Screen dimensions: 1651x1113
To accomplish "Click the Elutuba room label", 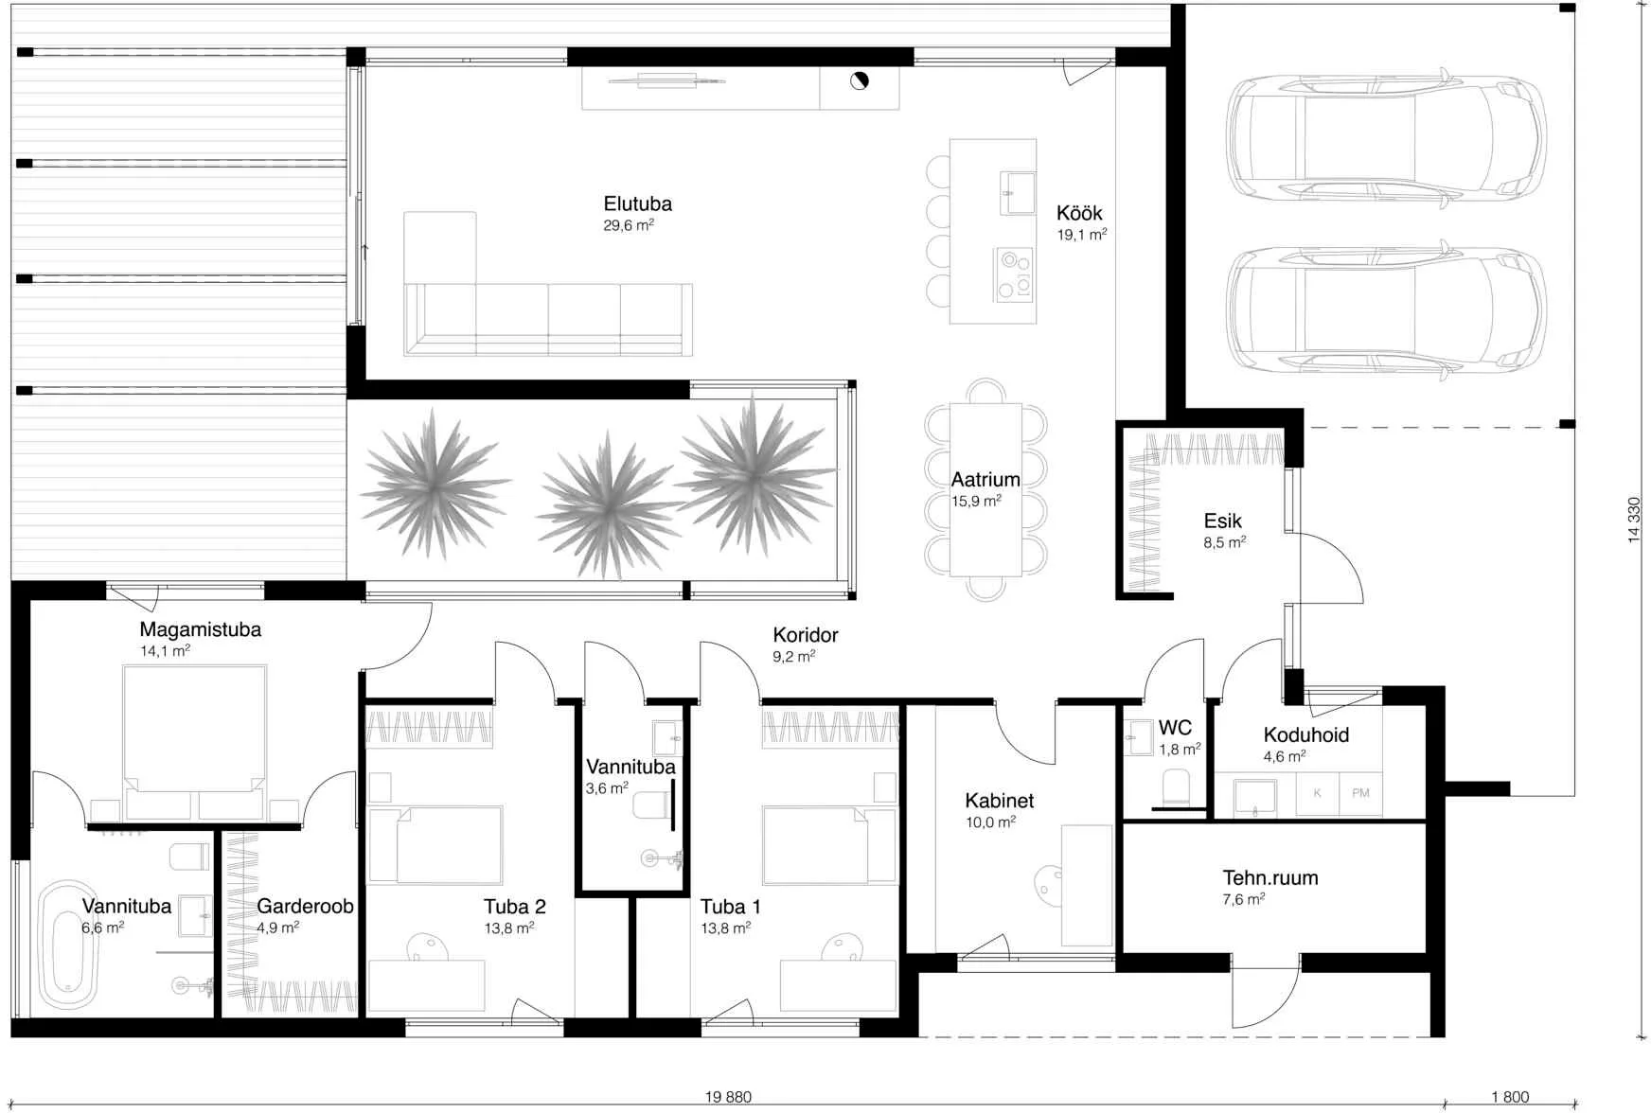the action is coord(637,203).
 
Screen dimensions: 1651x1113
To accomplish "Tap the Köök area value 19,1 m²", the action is coord(1082,234).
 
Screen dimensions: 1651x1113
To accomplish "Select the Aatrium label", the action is coord(985,480).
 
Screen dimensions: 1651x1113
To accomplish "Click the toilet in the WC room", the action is coord(1175,787).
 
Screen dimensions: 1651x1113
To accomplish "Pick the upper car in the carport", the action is coord(1387,140).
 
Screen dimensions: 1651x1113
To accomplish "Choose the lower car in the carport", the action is coord(1387,311).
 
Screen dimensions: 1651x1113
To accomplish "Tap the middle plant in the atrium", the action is coord(608,503).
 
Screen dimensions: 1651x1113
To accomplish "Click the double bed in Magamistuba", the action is coord(194,742).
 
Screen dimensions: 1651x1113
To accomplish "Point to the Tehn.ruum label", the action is coord(1269,877).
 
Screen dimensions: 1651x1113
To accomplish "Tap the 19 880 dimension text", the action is coord(728,1097).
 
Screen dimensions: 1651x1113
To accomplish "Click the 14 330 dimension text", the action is coord(1634,520).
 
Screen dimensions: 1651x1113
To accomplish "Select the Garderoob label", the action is coord(305,906).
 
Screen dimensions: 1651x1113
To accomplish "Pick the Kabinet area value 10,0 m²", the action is coord(990,822).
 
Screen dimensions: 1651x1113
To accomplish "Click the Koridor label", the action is coord(805,635).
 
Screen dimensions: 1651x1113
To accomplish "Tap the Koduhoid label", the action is coord(1305,734).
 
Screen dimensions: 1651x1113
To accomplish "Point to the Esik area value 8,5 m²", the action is coord(1224,542).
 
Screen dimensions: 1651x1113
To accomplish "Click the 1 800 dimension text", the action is coord(1510,1097).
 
